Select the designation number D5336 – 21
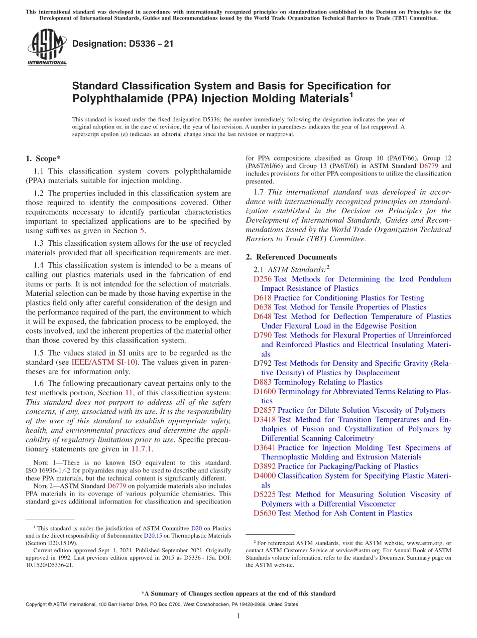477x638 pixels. pyautogui.click(x=123, y=44)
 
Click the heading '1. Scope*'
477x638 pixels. pyautogui.click(x=42, y=158)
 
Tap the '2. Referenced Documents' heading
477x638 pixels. pyautogui.click(x=291, y=257)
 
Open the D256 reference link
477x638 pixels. pyautogui.click(x=262, y=279)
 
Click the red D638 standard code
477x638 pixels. pyautogui.click(x=262, y=307)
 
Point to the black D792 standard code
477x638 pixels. pyautogui.click(x=262, y=363)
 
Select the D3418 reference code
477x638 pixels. pyautogui.click(x=264, y=419)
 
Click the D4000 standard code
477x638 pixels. pyautogui.click(x=264, y=475)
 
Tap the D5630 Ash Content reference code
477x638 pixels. pyautogui.click(x=264, y=513)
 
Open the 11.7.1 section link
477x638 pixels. pyautogui.click(x=142, y=449)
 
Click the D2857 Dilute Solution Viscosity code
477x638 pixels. pyautogui.click(x=264, y=410)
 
